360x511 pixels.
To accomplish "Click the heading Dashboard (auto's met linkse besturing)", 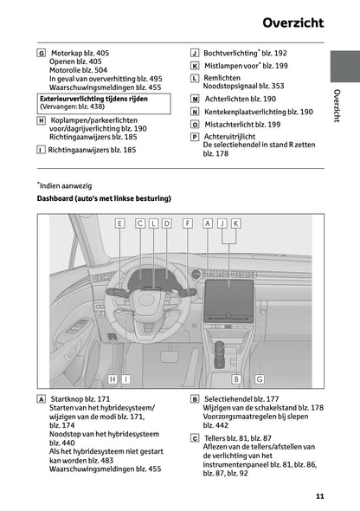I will click(104, 198).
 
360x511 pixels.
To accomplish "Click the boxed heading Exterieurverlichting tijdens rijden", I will click(93, 99).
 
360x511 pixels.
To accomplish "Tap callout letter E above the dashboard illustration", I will click(119, 223).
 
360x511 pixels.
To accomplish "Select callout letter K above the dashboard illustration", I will click(235, 223).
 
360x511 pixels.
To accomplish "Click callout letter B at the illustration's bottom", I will click(235, 378).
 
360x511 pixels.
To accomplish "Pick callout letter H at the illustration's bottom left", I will click(112, 378).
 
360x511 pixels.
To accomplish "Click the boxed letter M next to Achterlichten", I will click(195, 100).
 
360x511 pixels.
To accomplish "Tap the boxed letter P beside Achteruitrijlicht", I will click(195, 137).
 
